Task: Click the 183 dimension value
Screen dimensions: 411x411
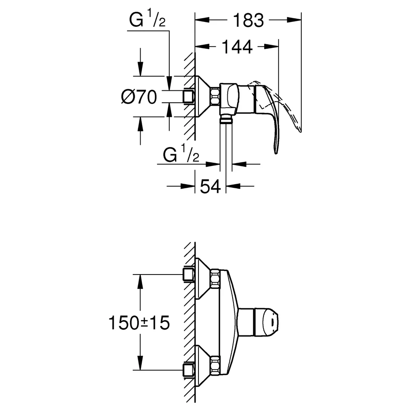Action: point(248,21)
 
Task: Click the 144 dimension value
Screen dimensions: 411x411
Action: point(237,47)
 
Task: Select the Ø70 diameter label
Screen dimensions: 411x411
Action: point(139,97)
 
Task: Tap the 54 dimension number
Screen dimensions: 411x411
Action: point(210,187)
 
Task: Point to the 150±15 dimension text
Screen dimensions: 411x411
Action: point(139,323)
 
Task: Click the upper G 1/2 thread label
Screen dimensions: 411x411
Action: point(147,19)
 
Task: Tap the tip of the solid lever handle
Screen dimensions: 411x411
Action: point(276,153)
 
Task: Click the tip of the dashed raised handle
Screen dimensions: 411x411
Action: point(300,131)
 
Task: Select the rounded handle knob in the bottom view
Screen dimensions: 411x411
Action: point(266,322)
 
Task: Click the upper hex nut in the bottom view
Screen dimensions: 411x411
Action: point(215,279)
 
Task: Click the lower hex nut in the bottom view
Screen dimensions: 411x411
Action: point(215,365)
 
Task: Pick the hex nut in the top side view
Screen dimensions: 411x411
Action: point(215,97)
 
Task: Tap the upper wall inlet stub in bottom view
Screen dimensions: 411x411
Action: point(189,275)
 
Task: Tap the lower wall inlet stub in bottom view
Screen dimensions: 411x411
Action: point(189,370)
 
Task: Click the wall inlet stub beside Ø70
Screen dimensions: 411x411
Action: point(189,97)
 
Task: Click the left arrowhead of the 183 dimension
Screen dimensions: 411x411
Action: point(202,20)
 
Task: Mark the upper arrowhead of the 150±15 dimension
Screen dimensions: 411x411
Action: point(141,282)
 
